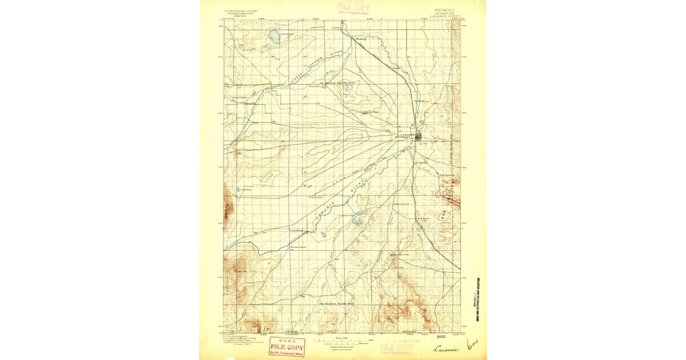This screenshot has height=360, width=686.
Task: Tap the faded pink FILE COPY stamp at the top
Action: pyautogui.click(x=353, y=7)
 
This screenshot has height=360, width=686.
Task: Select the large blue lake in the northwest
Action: pyautogui.click(x=274, y=37)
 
